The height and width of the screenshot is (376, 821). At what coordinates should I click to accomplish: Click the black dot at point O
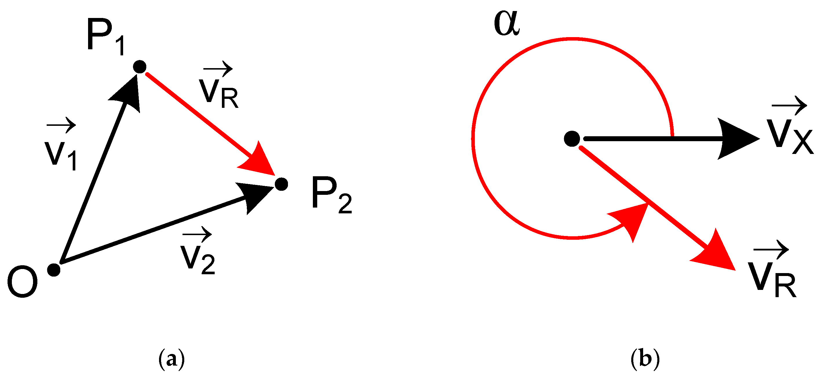click(54, 270)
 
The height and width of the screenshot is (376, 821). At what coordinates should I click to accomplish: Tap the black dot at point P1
click(140, 67)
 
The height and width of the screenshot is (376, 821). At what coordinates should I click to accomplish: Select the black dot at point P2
click(281, 184)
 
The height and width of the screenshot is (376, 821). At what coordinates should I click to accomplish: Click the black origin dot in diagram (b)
click(572, 139)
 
